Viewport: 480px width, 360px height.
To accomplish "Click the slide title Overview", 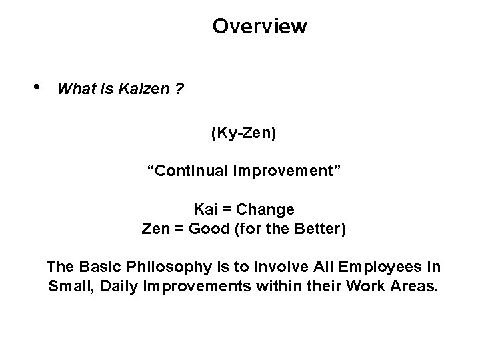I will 259,27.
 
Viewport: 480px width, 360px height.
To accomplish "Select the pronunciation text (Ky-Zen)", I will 243,134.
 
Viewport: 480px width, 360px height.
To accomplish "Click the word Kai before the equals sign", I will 206,210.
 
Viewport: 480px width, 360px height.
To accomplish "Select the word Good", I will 209,229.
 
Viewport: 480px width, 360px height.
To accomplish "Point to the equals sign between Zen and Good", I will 179,229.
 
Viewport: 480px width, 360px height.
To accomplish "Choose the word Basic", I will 96,267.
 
